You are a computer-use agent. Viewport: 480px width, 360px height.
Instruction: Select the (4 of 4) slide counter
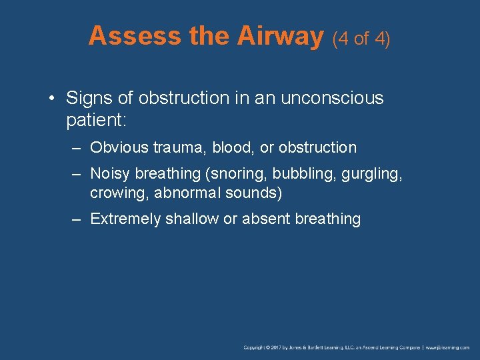[361, 39]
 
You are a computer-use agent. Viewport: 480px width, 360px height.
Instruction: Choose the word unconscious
[332, 98]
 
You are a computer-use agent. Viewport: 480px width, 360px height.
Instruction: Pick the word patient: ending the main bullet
[91, 120]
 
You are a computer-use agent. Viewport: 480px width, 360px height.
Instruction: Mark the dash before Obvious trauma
[77, 147]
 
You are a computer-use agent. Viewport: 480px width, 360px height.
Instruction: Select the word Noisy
[110, 173]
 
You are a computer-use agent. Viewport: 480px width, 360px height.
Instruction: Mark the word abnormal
[179, 193]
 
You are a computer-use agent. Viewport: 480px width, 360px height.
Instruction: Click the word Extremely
[125, 219]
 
